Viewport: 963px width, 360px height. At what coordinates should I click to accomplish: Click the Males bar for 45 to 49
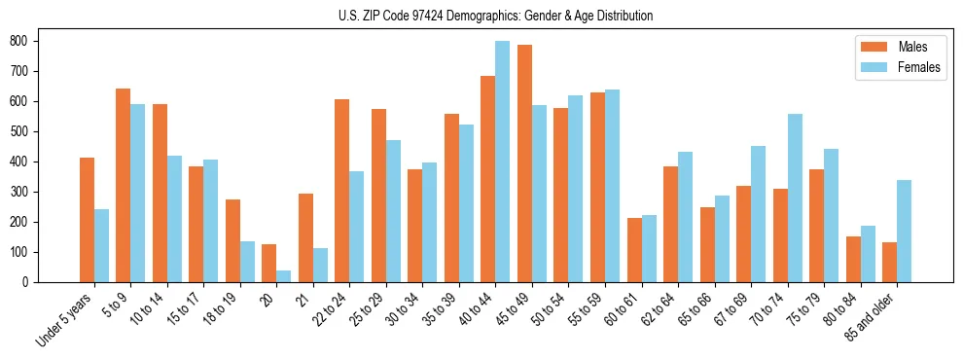pyautogui.click(x=524, y=163)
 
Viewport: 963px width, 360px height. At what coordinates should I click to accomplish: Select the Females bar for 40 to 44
pyautogui.click(x=503, y=162)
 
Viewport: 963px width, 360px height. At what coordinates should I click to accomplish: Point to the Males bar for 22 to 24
pyautogui.click(x=342, y=191)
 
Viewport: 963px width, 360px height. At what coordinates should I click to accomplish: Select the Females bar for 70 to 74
pyautogui.click(x=795, y=198)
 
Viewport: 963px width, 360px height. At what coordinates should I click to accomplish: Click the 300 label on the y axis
pyautogui.click(x=23, y=192)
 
